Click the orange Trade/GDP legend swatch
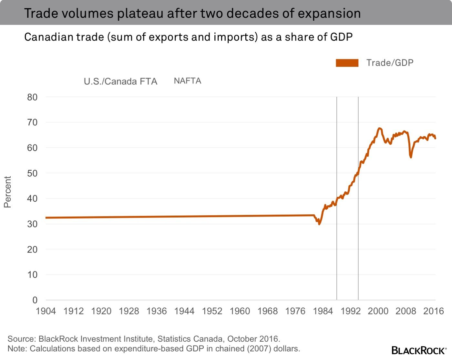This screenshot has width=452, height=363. [x=347, y=63]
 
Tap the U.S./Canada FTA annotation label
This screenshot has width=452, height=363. [x=120, y=81]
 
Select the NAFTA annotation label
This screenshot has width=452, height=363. [x=188, y=81]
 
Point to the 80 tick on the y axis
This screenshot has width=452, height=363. [x=32, y=97]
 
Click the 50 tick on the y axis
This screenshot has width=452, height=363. [x=32, y=173]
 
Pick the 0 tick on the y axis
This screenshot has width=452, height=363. [x=35, y=300]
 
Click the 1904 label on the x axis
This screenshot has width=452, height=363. [x=46, y=311]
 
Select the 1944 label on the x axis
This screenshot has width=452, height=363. [x=184, y=311]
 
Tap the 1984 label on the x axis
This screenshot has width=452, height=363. [x=323, y=311]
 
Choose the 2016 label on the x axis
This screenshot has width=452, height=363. [x=434, y=311]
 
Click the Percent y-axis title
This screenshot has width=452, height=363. [x=7, y=192]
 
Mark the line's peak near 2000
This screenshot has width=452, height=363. [x=379, y=128]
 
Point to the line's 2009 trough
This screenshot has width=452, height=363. [x=411, y=157]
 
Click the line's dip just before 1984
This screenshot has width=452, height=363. [x=319, y=224]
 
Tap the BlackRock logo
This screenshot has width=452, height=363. [x=419, y=350]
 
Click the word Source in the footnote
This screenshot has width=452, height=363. [x=21, y=339]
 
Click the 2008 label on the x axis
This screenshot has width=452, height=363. [x=406, y=311]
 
